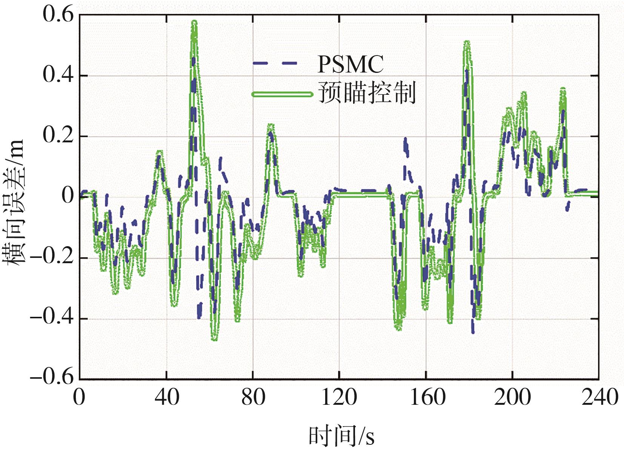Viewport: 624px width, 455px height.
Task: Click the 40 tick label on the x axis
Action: (166, 398)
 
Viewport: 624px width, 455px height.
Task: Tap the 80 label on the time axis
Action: (253, 398)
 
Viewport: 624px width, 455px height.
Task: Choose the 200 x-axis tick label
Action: (512, 398)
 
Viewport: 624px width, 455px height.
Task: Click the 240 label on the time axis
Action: (599, 398)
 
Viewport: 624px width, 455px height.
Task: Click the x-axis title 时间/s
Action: (341, 436)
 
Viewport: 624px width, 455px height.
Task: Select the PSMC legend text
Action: (350, 64)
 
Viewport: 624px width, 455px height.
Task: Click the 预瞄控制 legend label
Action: (367, 93)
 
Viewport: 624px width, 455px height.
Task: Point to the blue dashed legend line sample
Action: (276, 63)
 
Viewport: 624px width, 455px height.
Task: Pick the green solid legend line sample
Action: (282, 94)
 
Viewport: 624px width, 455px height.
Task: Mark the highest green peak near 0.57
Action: (194, 23)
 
